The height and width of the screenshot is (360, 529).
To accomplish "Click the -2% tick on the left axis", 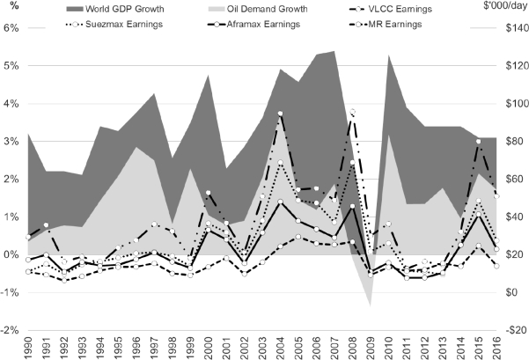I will pyautogui.click(x=11, y=330).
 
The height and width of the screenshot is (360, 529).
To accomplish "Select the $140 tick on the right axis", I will pyautogui.click(x=510, y=27).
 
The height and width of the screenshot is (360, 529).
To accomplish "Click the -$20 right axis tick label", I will pyautogui.click(x=510, y=330).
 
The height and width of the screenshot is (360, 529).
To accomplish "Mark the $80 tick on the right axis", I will pyautogui.click(x=510, y=141).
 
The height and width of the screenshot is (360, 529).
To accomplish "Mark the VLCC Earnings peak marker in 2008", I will pyautogui.click(x=353, y=112).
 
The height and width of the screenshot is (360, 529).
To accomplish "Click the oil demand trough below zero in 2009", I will pyautogui.click(x=371, y=305).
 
